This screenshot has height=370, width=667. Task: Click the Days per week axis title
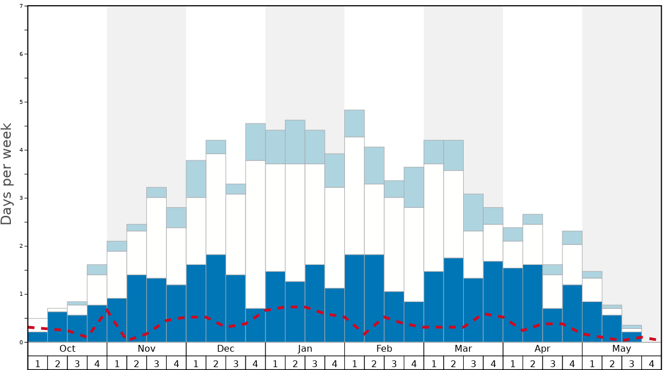tap(7, 174)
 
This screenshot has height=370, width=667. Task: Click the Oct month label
tap(67, 349)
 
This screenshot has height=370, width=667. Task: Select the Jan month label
tap(305, 349)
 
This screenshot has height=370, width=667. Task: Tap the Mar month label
tap(463, 349)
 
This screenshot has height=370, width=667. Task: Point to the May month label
tap(622, 349)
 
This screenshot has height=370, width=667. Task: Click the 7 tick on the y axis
tap(21, 6)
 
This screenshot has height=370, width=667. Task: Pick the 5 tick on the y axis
tap(21, 102)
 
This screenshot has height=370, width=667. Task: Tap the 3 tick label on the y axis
tap(21, 198)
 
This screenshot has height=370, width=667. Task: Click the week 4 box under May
tap(652, 363)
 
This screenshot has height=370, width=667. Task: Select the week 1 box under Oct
tap(38, 363)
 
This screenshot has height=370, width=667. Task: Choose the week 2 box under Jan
tap(295, 363)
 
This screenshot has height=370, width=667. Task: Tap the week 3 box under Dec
tap(236, 363)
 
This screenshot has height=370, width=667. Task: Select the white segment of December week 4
tap(255, 234)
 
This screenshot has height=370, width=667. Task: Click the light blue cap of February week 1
tap(355, 123)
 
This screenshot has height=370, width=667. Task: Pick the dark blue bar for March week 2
tap(453, 300)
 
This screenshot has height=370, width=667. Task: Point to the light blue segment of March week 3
tap(473, 212)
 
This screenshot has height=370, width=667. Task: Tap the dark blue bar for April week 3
tap(552, 325)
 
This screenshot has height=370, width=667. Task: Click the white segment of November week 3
tap(156, 238)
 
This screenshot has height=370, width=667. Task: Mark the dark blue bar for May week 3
tap(632, 337)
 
